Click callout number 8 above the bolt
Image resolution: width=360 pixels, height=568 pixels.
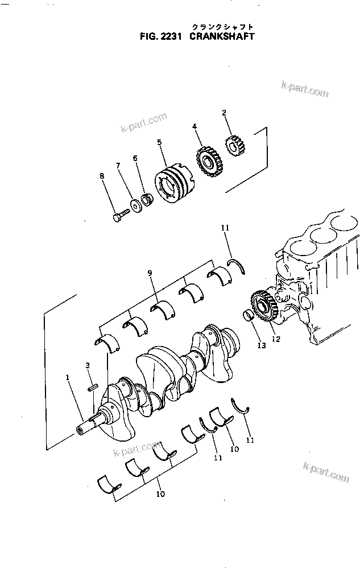click(x=102, y=176)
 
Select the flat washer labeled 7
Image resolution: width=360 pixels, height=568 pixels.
click(x=136, y=204)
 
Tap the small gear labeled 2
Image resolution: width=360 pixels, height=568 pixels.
click(x=234, y=147)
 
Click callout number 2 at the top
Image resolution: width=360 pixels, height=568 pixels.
click(x=224, y=113)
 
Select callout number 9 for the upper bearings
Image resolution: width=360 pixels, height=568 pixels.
click(x=150, y=274)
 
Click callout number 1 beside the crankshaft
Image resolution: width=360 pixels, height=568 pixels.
click(x=68, y=377)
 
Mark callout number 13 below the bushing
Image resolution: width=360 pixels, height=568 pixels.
click(x=260, y=346)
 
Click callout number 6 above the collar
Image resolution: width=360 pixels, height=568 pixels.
click(x=135, y=158)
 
